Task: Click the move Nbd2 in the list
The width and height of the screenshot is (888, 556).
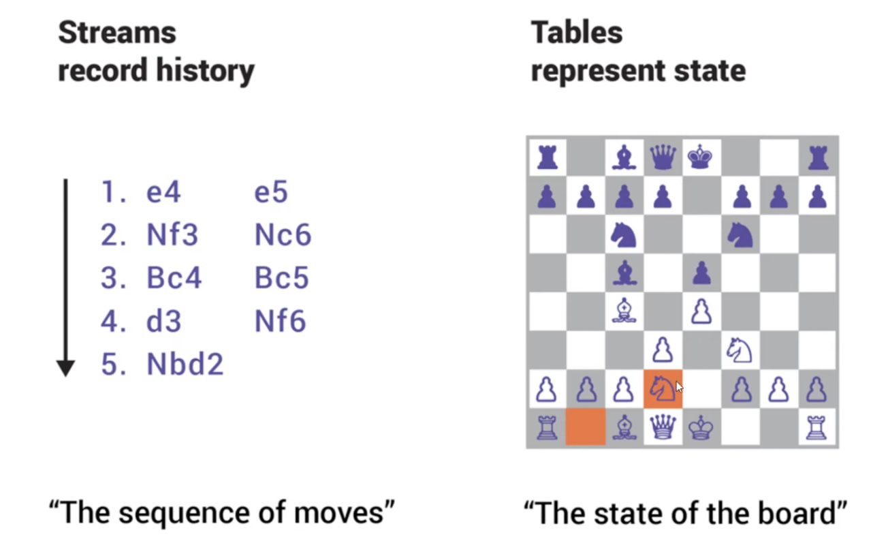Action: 185,365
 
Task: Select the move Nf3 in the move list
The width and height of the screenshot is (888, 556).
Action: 172,235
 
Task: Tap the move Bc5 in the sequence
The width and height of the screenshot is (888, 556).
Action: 281,278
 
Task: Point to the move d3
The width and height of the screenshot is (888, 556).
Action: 163,321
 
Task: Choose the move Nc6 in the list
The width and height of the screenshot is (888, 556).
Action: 283,235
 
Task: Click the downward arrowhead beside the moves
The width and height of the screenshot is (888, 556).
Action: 65,368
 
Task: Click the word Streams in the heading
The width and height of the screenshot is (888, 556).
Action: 116,33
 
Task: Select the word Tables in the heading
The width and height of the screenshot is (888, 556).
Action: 576,33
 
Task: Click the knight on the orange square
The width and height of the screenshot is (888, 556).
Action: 662,389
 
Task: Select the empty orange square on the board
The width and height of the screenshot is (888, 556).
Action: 585,428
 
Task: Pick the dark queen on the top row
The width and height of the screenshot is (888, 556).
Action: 662,157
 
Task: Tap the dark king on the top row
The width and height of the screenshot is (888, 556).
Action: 701,157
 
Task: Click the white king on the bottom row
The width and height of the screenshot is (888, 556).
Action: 701,428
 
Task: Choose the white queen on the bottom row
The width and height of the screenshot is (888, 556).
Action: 662,428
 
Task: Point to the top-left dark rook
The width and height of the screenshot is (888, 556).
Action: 546,157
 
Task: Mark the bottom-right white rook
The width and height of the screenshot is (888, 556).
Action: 817,428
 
